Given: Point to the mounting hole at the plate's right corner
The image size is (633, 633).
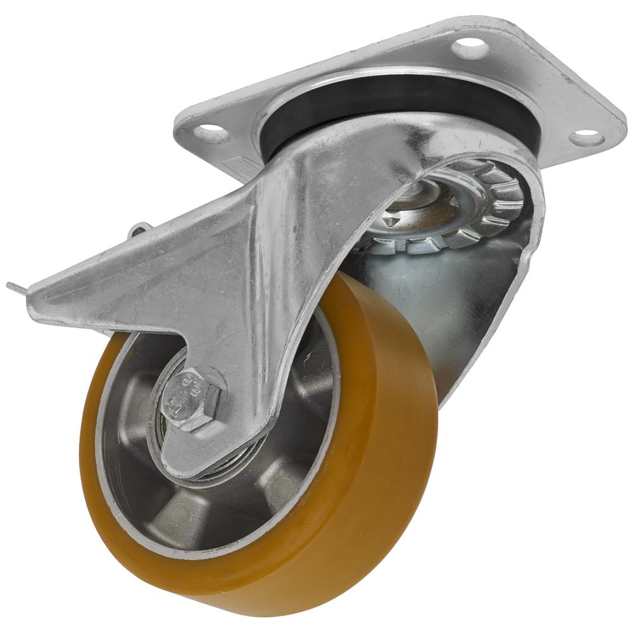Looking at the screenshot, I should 586,136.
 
